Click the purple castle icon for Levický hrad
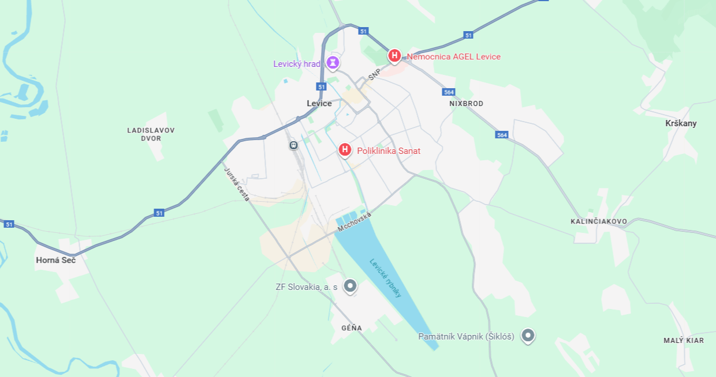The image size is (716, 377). [x=333, y=62]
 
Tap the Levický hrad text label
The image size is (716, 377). [x=296, y=64]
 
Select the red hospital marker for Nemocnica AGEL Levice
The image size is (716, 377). [x=394, y=55]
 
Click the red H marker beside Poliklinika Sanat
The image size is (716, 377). [x=345, y=150]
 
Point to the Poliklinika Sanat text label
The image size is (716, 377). [x=389, y=151]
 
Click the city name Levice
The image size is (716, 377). [x=319, y=104]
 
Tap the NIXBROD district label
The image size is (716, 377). [x=466, y=104]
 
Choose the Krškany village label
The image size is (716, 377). [x=681, y=123]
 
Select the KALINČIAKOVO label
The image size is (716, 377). [x=599, y=221]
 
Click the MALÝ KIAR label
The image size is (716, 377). [x=684, y=341]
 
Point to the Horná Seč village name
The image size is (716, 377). [x=55, y=260]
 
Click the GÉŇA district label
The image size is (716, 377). [x=352, y=328]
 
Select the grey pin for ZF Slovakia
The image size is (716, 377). [x=350, y=285]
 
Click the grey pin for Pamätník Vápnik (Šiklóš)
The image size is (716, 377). [x=527, y=335]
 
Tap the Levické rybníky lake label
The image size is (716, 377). [x=386, y=277]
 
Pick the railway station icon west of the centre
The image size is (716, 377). [x=293, y=145]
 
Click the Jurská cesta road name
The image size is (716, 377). [x=237, y=184]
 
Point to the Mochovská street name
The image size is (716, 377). [x=355, y=222]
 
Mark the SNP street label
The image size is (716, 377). [x=375, y=75]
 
